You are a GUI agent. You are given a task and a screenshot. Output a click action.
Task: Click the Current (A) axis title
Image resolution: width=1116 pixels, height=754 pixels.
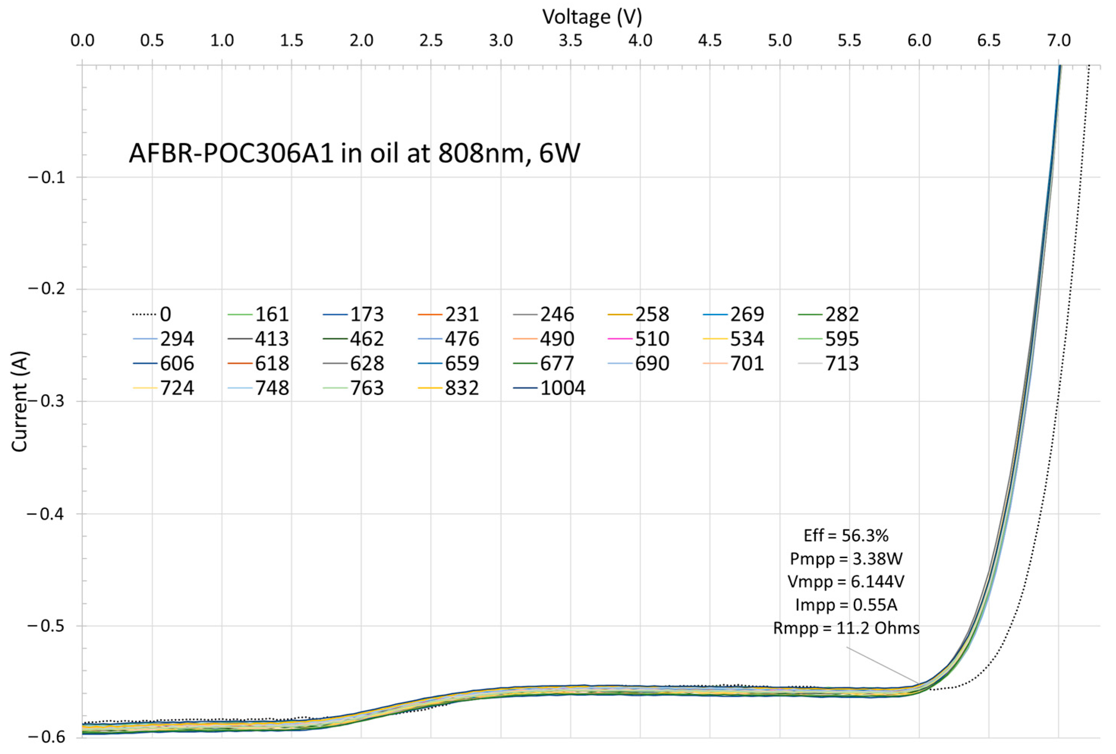tap(20, 401)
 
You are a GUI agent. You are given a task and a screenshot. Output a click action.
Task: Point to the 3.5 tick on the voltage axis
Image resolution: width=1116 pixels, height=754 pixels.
tap(571, 40)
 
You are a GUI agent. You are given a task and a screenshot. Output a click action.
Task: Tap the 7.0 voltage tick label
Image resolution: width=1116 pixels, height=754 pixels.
tap(1058, 40)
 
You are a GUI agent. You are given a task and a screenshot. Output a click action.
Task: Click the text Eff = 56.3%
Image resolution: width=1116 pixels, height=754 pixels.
tap(846, 535)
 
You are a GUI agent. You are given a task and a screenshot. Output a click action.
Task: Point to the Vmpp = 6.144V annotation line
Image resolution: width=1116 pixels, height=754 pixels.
tap(846, 582)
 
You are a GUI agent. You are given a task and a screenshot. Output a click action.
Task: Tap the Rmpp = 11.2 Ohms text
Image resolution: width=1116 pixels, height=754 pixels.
tap(846, 628)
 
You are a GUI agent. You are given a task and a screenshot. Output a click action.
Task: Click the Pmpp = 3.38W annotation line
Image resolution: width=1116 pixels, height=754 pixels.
tap(846, 559)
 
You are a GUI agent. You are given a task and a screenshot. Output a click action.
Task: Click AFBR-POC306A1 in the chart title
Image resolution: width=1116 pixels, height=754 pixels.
tap(231, 154)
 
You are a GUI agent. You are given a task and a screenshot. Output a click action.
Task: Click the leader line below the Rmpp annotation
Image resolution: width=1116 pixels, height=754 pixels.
tap(883, 666)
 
